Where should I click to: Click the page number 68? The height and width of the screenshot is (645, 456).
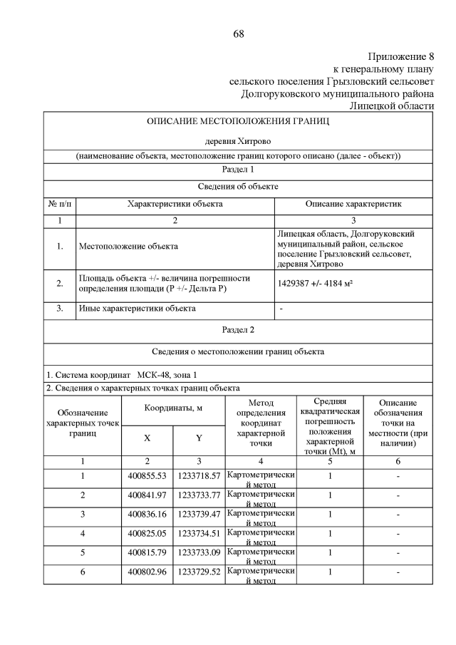pyautogui.click(x=238, y=33)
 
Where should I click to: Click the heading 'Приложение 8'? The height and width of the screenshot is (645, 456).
pyautogui.click(x=401, y=56)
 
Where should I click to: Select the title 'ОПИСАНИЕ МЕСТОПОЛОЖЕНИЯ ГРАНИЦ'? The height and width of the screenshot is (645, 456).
pyautogui.click(x=238, y=122)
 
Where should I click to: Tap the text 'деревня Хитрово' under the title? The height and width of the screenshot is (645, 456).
pyautogui.click(x=238, y=141)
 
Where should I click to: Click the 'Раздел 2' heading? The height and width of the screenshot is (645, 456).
pyautogui.click(x=238, y=329)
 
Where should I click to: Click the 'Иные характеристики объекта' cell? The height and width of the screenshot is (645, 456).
pyautogui.click(x=137, y=309)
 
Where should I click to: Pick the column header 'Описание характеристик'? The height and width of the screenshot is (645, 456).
pyautogui.click(x=354, y=204)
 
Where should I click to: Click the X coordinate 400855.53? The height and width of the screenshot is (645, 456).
pyautogui.click(x=147, y=475)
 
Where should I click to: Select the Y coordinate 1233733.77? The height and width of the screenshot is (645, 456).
pyautogui.click(x=199, y=495)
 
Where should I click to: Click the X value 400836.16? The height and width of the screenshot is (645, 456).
pyautogui.click(x=147, y=514)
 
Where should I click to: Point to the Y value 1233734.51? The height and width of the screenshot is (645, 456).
pyautogui.click(x=199, y=533)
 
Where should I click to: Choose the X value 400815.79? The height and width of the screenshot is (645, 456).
pyautogui.click(x=147, y=552)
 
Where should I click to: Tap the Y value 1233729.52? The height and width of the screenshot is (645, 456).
pyautogui.click(x=199, y=572)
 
